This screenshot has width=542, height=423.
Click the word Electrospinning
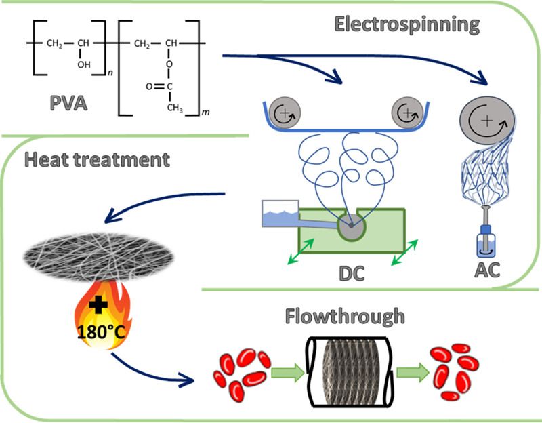coord(406,24)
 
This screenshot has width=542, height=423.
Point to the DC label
coord(352,273)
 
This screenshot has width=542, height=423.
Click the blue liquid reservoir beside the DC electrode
coord(284,214)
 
